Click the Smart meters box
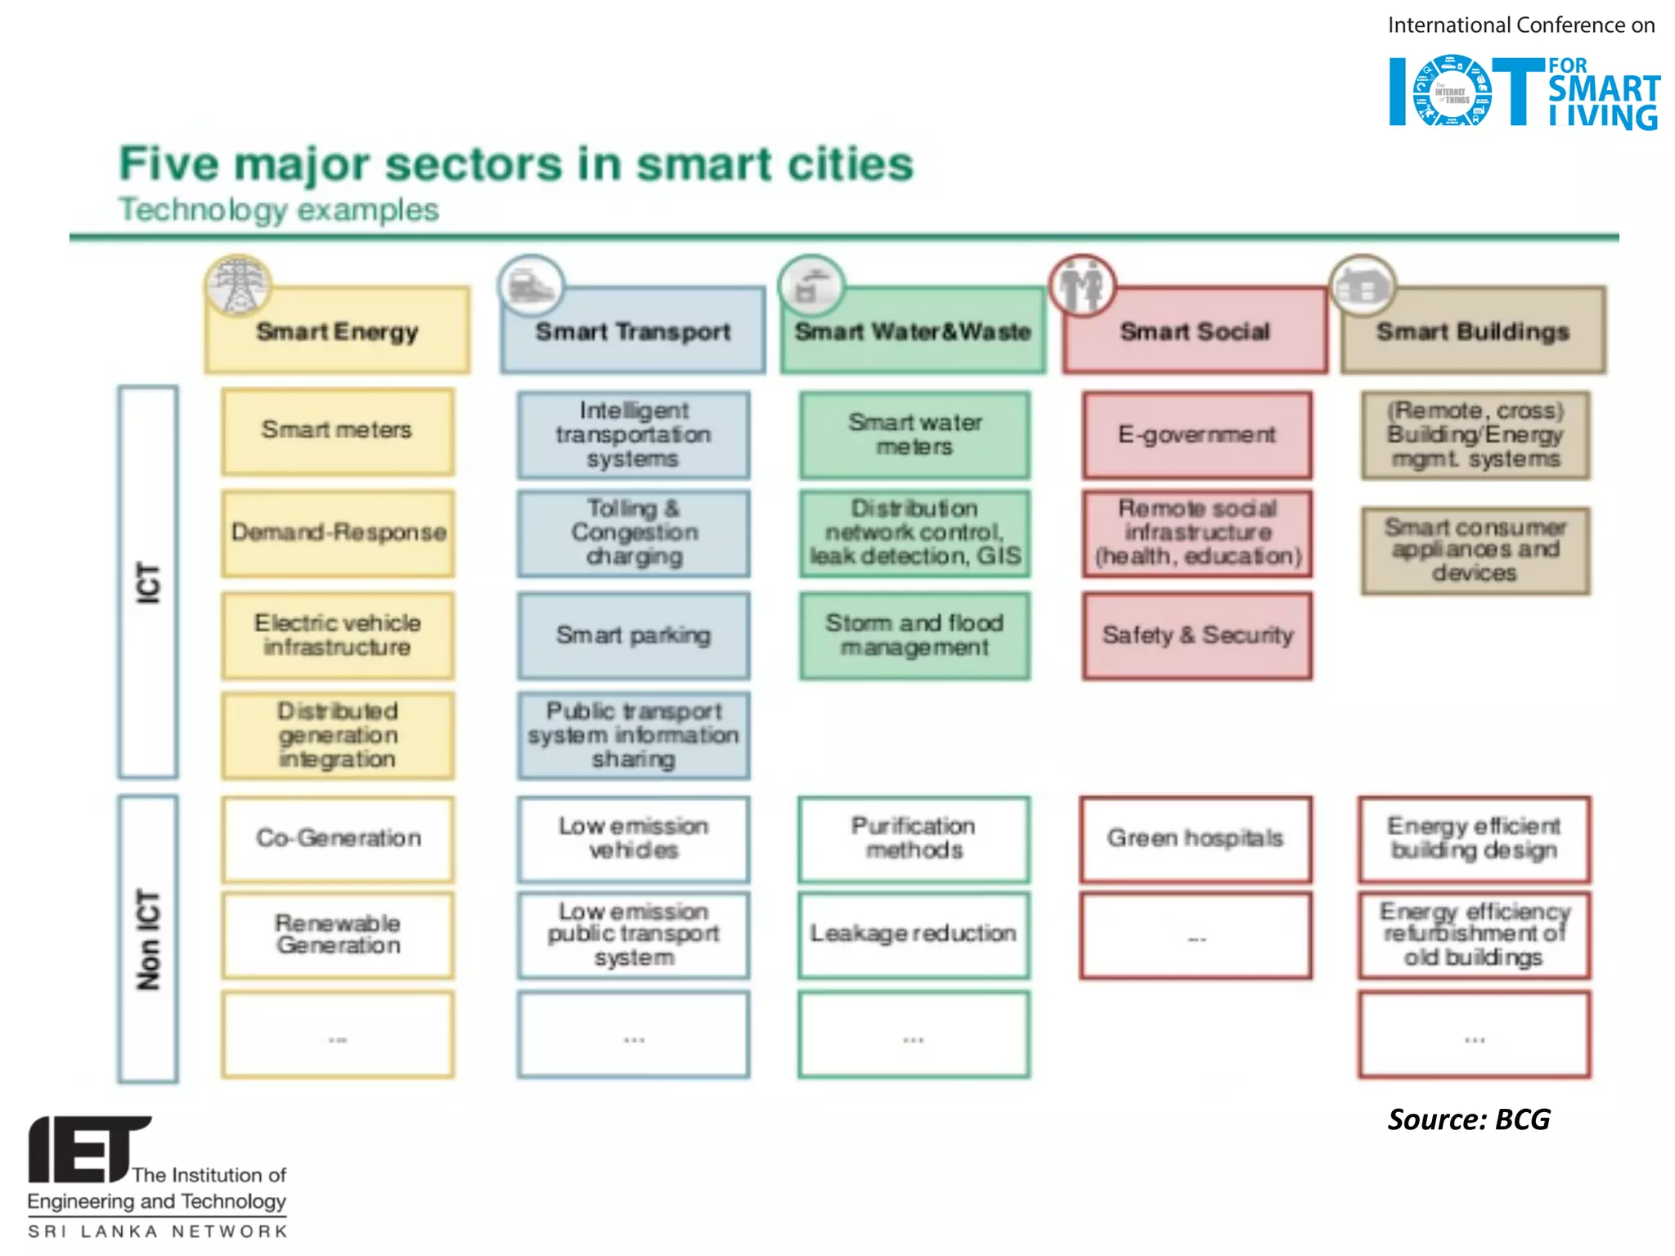point(337,431)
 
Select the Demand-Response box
point(337,533)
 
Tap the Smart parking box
point(633,635)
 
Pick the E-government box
point(1197,435)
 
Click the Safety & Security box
point(1197,635)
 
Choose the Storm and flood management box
point(914,635)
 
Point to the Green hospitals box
point(1195,839)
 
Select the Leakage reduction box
point(914,935)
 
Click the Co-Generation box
point(337,839)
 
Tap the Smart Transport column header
point(633,331)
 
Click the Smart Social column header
point(1195,331)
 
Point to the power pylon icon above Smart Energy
point(238,285)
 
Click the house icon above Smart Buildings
point(1362,285)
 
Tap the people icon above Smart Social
point(1082,285)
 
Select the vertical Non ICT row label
point(148,939)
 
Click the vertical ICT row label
point(148,581)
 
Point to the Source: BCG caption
point(1468,1119)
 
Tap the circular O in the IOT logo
point(1453,91)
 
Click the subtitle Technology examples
point(279,210)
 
